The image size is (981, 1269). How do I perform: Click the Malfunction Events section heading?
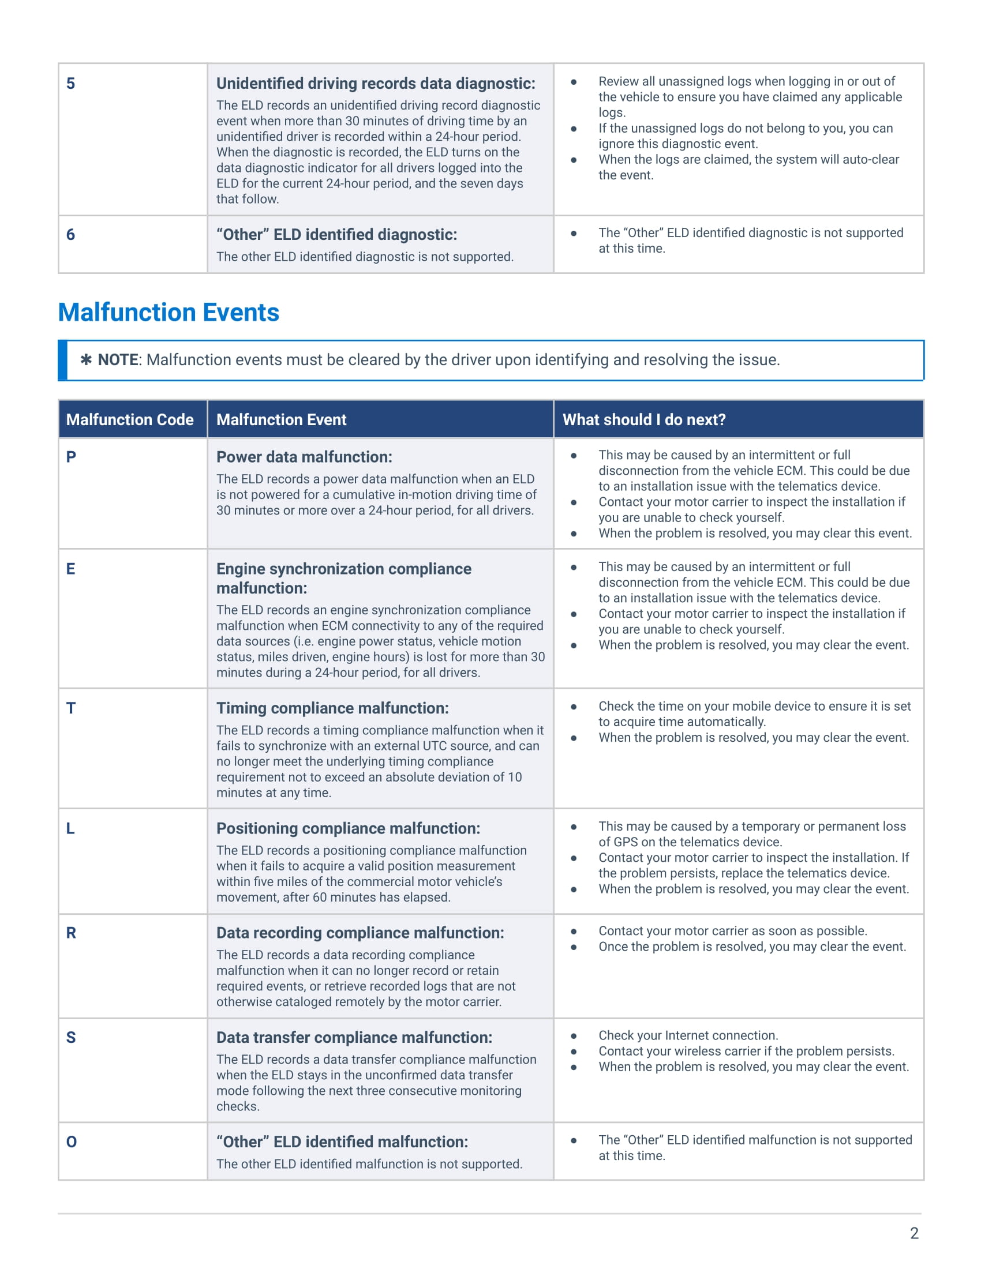click(169, 313)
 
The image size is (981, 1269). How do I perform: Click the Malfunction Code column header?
click(130, 419)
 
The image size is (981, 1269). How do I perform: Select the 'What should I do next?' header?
click(644, 419)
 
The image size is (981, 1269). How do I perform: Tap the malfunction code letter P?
click(71, 457)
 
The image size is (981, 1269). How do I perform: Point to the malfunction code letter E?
click(70, 568)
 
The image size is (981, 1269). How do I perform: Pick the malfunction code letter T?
click(71, 708)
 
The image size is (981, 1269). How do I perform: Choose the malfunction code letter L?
click(70, 828)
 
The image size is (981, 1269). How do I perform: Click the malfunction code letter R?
click(71, 933)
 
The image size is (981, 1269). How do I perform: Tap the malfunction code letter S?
click(71, 1037)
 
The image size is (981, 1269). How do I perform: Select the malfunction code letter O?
click(72, 1142)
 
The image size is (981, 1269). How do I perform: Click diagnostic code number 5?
click(70, 83)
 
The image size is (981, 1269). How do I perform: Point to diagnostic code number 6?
click(70, 234)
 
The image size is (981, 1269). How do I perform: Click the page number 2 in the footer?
click(914, 1233)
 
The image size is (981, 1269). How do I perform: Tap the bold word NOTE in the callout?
click(118, 360)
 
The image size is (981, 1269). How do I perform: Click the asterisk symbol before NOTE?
click(86, 360)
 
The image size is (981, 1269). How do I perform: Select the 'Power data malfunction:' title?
click(304, 457)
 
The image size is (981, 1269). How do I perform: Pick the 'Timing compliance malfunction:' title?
click(332, 708)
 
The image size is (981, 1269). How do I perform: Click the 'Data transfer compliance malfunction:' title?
click(354, 1037)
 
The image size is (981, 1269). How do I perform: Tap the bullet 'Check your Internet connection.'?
click(688, 1035)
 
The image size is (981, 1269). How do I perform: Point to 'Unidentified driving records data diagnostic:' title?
click(376, 83)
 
